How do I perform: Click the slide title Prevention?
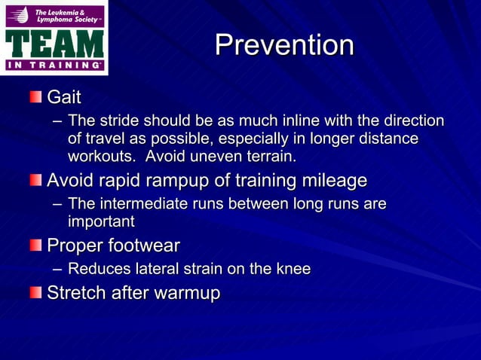click(284, 46)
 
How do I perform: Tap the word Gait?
click(64, 98)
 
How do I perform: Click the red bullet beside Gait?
click(36, 97)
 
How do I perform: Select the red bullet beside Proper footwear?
click(36, 246)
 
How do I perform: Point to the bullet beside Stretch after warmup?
click(36, 292)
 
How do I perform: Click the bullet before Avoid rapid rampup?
click(36, 181)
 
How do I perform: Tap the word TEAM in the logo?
click(54, 43)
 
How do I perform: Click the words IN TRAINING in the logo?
click(54, 66)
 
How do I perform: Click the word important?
click(101, 221)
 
